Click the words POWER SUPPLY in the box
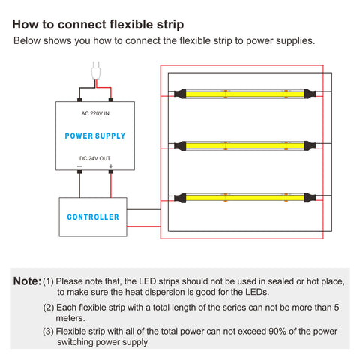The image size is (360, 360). click(95, 136)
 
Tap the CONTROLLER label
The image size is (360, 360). click(93, 217)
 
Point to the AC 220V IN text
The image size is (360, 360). click(95, 113)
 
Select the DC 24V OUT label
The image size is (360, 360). click(94, 158)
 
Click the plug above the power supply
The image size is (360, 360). click(96, 70)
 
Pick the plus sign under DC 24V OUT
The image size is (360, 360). click(111, 166)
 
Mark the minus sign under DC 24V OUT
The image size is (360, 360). click(79, 166)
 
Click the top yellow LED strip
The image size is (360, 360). click(245, 94)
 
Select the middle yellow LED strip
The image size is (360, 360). click(245, 145)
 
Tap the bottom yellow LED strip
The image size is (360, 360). click(245, 198)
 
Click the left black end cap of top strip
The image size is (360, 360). click(180, 94)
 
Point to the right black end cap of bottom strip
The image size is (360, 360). click(310, 198)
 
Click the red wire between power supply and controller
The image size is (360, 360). click(111, 185)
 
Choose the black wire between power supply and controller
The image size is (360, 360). click(79, 185)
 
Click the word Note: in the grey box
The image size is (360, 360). click(27, 281)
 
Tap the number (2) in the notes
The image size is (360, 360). click(49, 307)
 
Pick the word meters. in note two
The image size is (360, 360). click(70, 318)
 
